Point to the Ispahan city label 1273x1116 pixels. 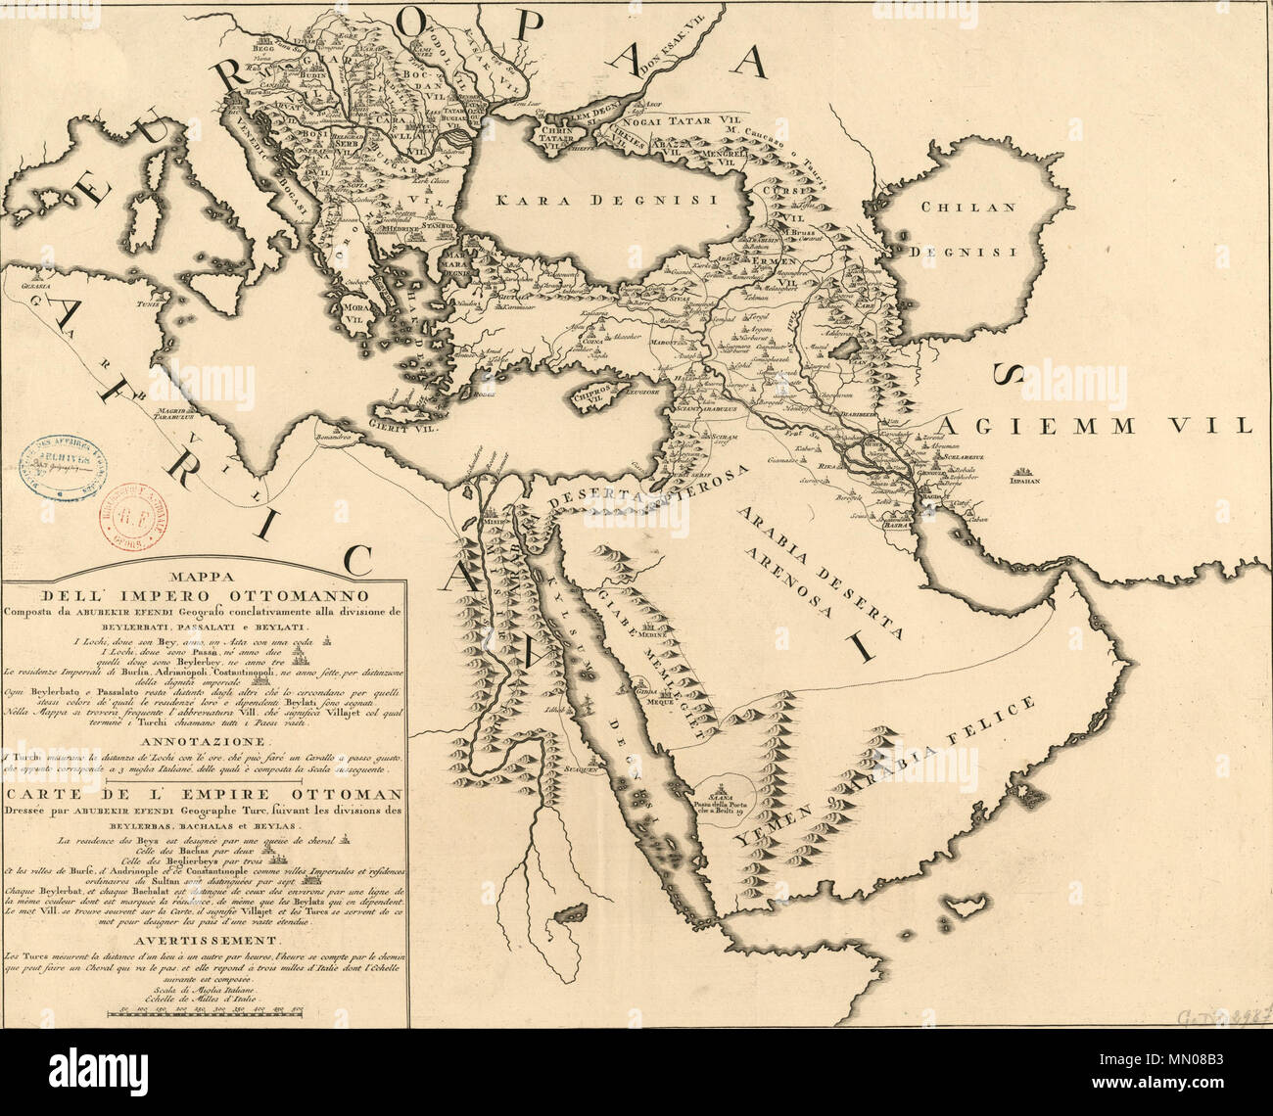[x=1039, y=481]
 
